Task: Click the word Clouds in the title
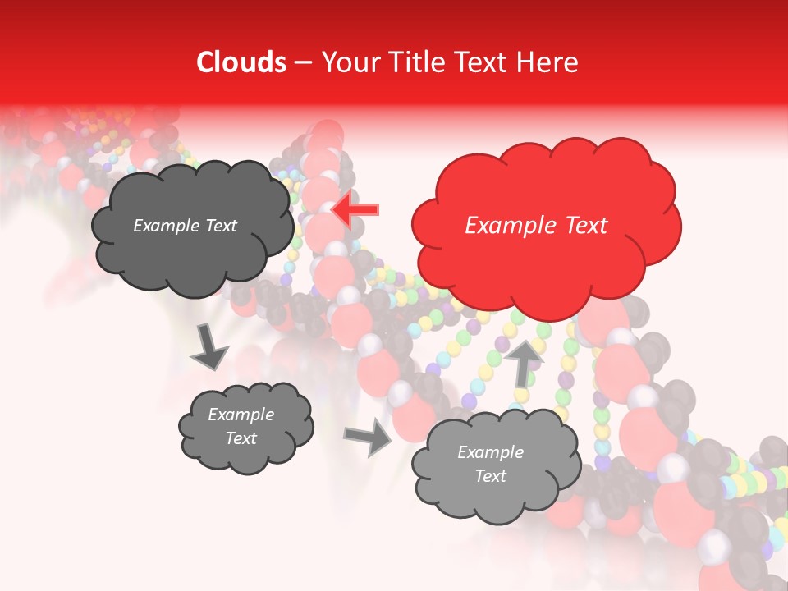[241, 62]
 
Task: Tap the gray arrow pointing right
[370, 437]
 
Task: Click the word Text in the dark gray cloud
[221, 226]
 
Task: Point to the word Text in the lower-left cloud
[241, 438]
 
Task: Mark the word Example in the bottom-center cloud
[490, 452]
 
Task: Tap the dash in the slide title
[303, 63]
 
